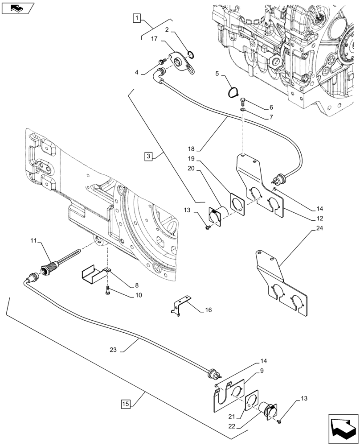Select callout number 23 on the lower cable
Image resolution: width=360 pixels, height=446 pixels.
pyautogui.click(x=113, y=350)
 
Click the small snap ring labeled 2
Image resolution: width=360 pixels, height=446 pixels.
pyautogui.click(x=191, y=55)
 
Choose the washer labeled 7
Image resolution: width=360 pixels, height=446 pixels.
pyautogui.click(x=242, y=110)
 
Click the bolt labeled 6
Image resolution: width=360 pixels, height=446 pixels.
pyautogui.click(x=242, y=100)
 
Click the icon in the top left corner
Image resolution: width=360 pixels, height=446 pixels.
pyautogui.click(x=17, y=8)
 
